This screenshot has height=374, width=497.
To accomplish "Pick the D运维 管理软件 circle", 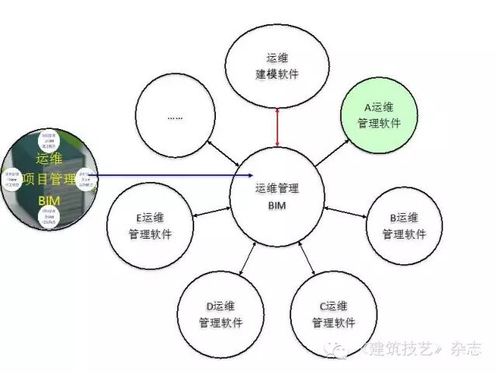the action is tap(221, 314).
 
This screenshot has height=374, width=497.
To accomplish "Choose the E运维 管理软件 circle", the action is tap(151, 225).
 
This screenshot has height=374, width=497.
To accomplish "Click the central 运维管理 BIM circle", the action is tap(277, 194).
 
